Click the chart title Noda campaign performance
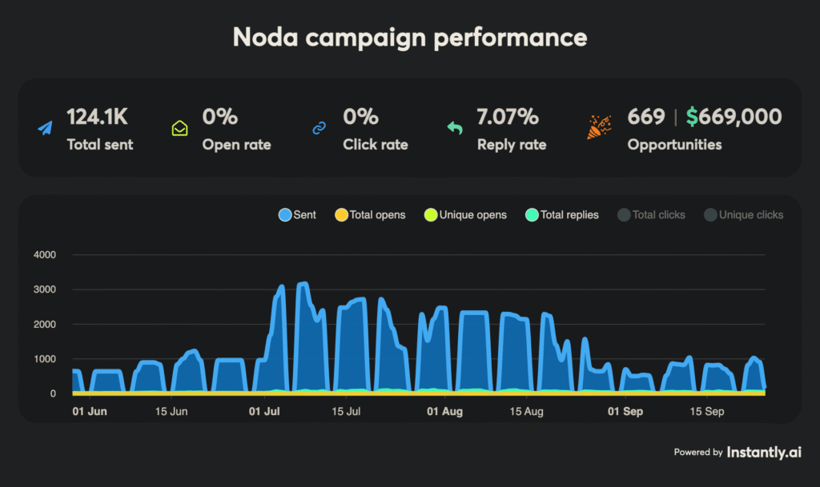409,37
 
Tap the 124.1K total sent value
97,117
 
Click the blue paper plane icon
46,128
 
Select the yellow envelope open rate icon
180,128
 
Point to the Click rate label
376,145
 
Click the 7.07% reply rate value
508,117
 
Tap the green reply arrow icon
455,128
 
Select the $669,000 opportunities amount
734,117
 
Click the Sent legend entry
297,214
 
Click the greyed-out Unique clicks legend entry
743,214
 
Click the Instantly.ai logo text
764,452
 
